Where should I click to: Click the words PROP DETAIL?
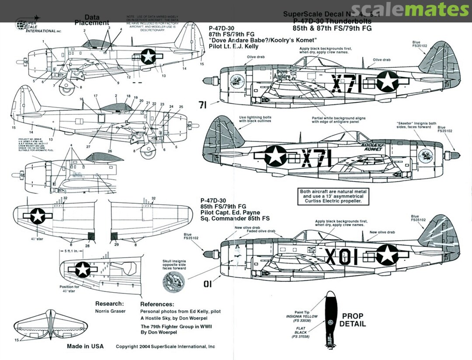(352, 320)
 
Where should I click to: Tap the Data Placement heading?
(92, 20)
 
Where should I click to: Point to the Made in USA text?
(85, 346)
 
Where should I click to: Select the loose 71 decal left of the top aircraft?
(202, 105)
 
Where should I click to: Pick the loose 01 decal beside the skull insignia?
(208, 284)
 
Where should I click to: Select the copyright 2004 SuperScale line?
(165, 346)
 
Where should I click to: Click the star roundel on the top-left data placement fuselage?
(149, 56)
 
